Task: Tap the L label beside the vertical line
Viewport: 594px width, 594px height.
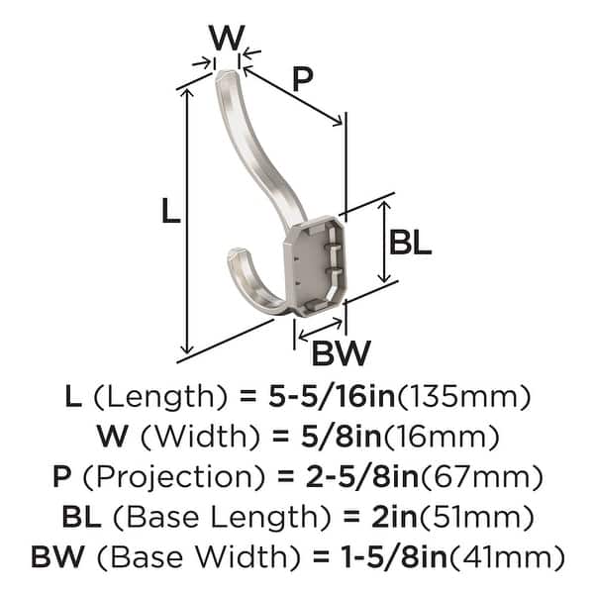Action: [x=171, y=211]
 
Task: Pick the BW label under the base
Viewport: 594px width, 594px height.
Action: [x=340, y=351]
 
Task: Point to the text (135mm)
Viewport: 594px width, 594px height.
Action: [x=465, y=398]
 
